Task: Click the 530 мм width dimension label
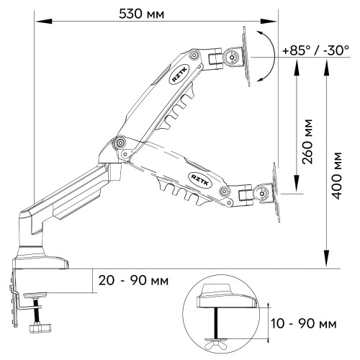pos(142,14)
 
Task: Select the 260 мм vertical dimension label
pos(307,142)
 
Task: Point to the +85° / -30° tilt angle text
pos(316,50)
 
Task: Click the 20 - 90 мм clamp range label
pos(133,280)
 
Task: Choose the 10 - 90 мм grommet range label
pos(304,323)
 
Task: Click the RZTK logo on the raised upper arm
pos(179,75)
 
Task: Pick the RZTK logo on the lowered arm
pos(201,180)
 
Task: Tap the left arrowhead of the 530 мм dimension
pos(44,22)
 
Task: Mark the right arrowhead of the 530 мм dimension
pos(269,22)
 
